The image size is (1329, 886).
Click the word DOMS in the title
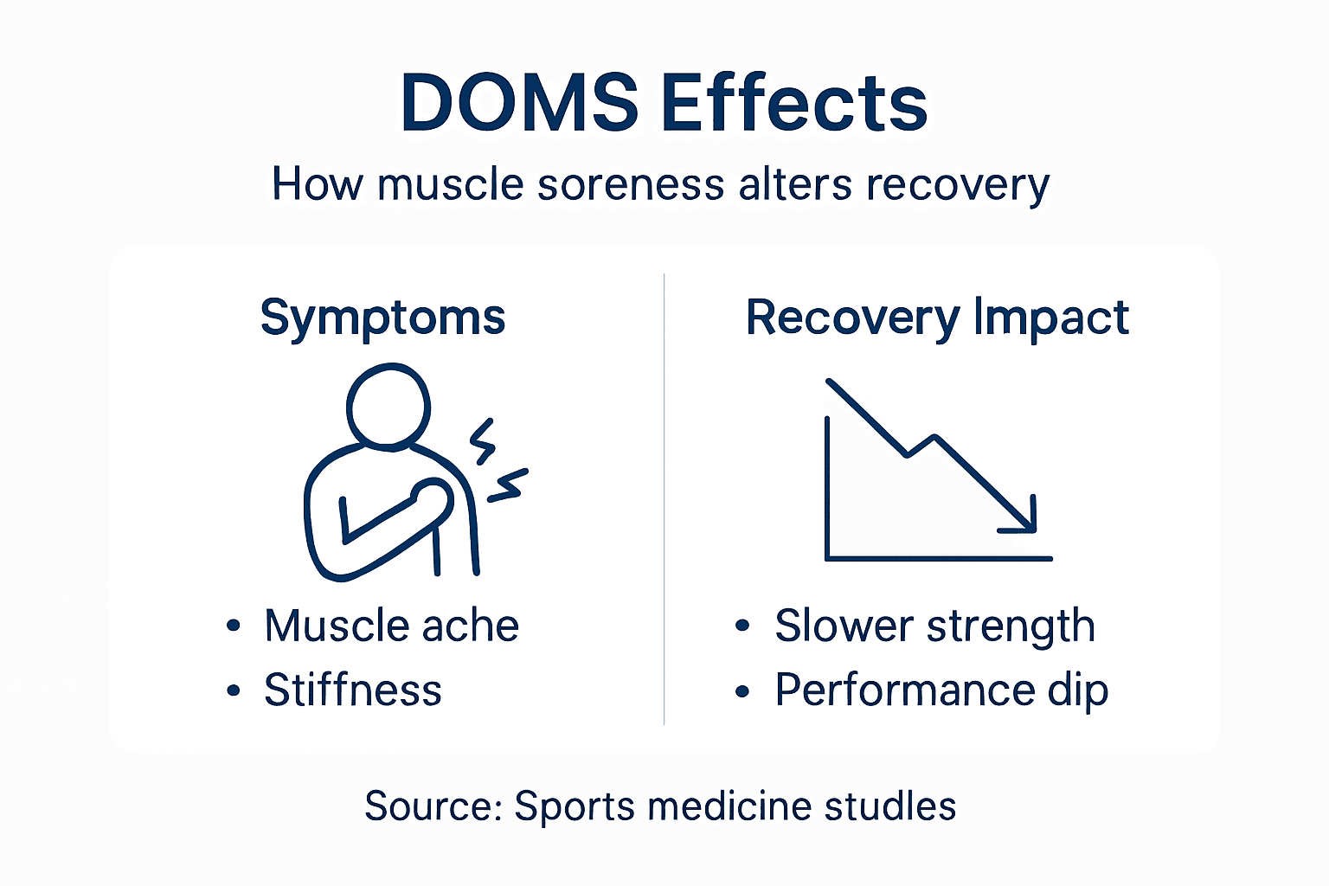pos(519,103)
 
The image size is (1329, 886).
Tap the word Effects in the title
pos(794,103)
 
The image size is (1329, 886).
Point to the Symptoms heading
pos(382,318)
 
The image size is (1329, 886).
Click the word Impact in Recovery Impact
pos(1051,318)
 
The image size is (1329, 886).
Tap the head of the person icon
pos(388,405)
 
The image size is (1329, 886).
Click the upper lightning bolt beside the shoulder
pos(483,441)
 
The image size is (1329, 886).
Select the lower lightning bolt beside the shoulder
pos(508,486)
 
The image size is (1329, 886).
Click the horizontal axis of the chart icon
pos(939,559)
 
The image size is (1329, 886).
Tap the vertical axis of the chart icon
pos(828,489)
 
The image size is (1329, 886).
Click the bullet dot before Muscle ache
pos(233,626)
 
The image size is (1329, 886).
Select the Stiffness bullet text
pos(353,690)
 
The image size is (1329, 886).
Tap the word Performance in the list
pos(904,690)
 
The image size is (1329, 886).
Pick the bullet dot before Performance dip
pos(742,691)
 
